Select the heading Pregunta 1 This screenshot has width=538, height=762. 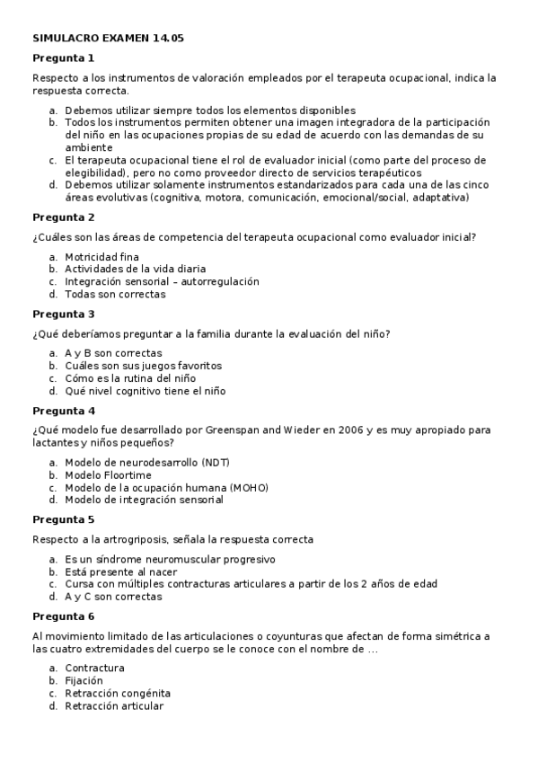pyautogui.click(x=63, y=58)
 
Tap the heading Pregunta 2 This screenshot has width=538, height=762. pyautogui.click(x=63, y=217)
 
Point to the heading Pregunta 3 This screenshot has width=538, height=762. pyautogui.click(x=63, y=315)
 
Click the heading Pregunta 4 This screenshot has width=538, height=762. pyautogui.click(x=63, y=411)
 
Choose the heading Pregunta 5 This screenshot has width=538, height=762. pyautogui.click(x=63, y=519)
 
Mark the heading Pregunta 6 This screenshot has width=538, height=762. pyautogui.click(x=63, y=616)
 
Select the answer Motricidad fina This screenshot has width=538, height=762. pyautogui.click(x=101, y=256)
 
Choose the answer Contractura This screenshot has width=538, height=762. pyautogui.click(x=94, y=669)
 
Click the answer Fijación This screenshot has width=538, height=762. pyautogui.click(x=84, y=681)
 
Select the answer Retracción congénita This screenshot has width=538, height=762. pyautogui.click(x=117, y=694)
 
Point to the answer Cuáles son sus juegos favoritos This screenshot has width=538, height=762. pyautogui.click(x=143, y=366)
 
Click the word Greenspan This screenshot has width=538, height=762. pyautogui.click(x=232, y=430)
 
